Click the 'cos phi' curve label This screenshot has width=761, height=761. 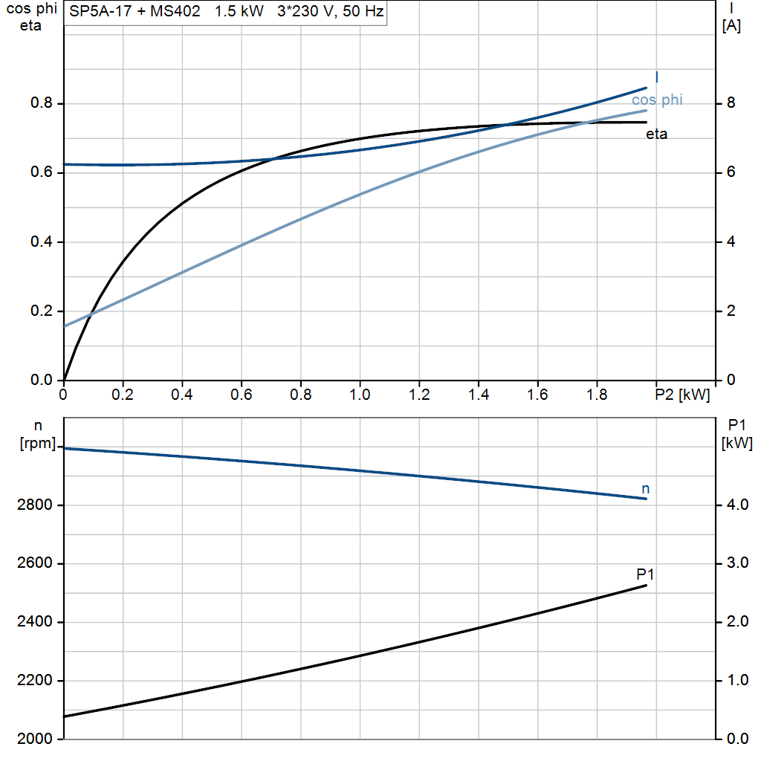(657, 100)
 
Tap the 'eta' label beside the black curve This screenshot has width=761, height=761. (656, 135)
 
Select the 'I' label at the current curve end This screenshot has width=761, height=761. (657, 77)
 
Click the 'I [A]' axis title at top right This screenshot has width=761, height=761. (731, 18)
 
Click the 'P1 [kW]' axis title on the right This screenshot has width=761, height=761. (736, 435)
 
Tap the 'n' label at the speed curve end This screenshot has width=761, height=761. (645, 488)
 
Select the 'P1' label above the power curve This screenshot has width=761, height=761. (645, 574)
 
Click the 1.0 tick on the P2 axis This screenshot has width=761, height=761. (360, 394)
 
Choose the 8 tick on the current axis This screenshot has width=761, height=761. (731, 103)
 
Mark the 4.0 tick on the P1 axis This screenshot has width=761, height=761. (735, 505)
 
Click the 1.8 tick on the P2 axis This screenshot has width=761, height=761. (597, 394)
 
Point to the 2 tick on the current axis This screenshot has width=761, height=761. (731, 311)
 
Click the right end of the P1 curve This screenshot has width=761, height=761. (647, 586)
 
